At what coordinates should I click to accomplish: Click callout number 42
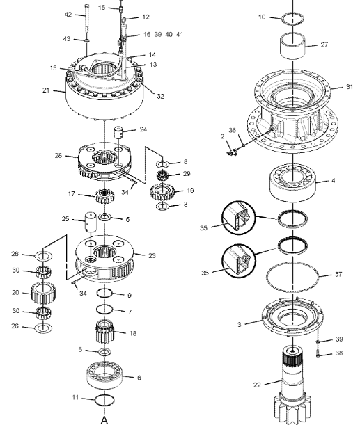[x=68, y=14]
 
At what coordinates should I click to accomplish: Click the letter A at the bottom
[x=104, y=419]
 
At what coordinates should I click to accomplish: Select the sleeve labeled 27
[x=293, y=46]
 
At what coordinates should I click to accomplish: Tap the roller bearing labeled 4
[x=293, y=180]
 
